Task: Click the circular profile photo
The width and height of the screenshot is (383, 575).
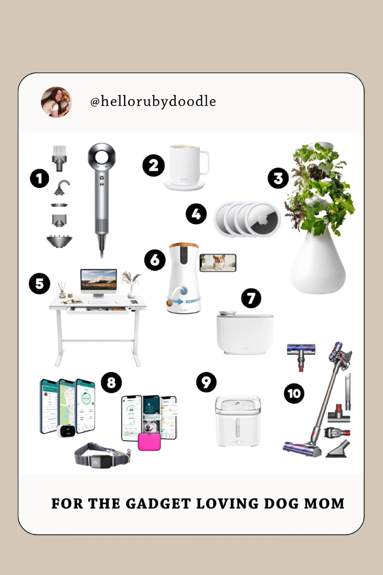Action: click(56, 102)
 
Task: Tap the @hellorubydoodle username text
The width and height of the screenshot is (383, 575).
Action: click(153, 101)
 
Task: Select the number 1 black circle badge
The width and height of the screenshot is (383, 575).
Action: click(40, 179)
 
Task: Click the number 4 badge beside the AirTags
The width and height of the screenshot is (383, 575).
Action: click(196, 214)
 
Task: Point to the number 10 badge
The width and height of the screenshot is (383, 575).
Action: click(294, 394)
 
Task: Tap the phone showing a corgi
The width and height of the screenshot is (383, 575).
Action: click(218, 263)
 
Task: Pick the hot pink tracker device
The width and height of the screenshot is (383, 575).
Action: click(149, 442)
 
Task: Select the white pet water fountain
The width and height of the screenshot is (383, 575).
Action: click(238, 421)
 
